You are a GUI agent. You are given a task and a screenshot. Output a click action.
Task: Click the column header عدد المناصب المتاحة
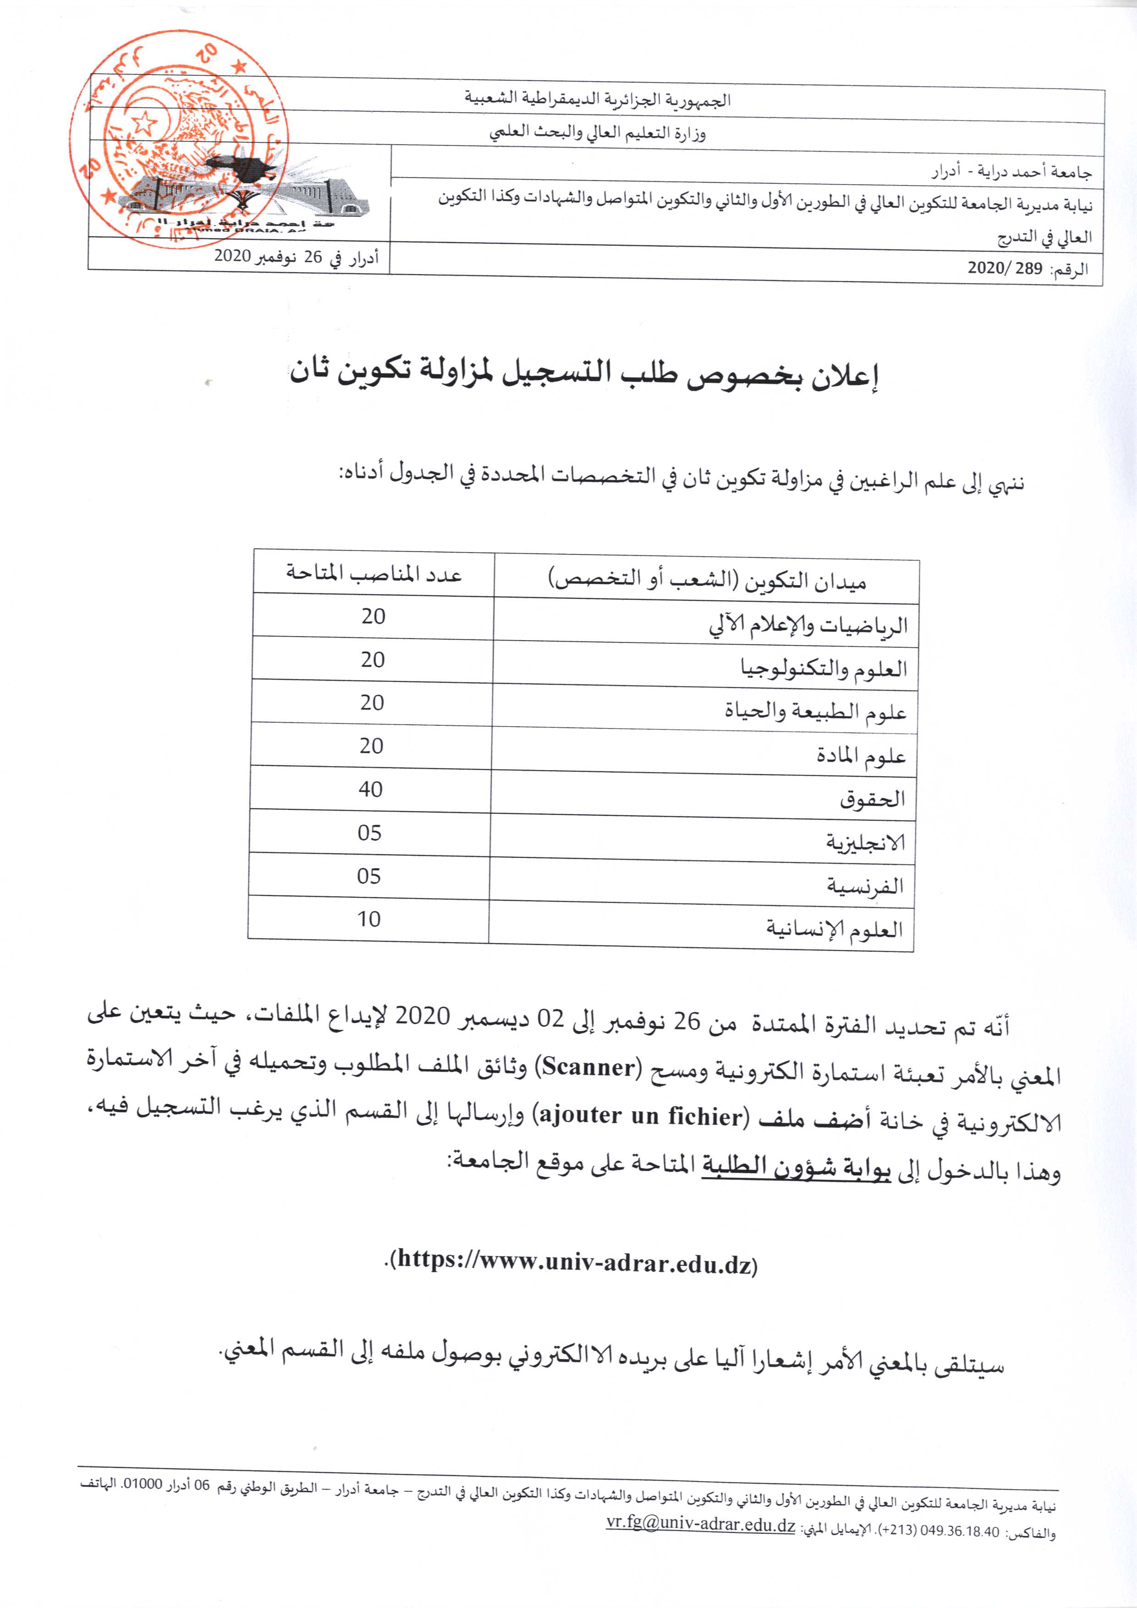374,574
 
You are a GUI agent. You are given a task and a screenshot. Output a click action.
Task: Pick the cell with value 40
371,789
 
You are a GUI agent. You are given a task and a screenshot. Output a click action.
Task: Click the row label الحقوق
872,798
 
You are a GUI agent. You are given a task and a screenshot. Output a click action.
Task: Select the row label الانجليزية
866,841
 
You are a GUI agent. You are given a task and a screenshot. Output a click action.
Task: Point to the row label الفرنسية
865,885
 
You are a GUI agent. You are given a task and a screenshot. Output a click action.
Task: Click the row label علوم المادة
861,756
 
